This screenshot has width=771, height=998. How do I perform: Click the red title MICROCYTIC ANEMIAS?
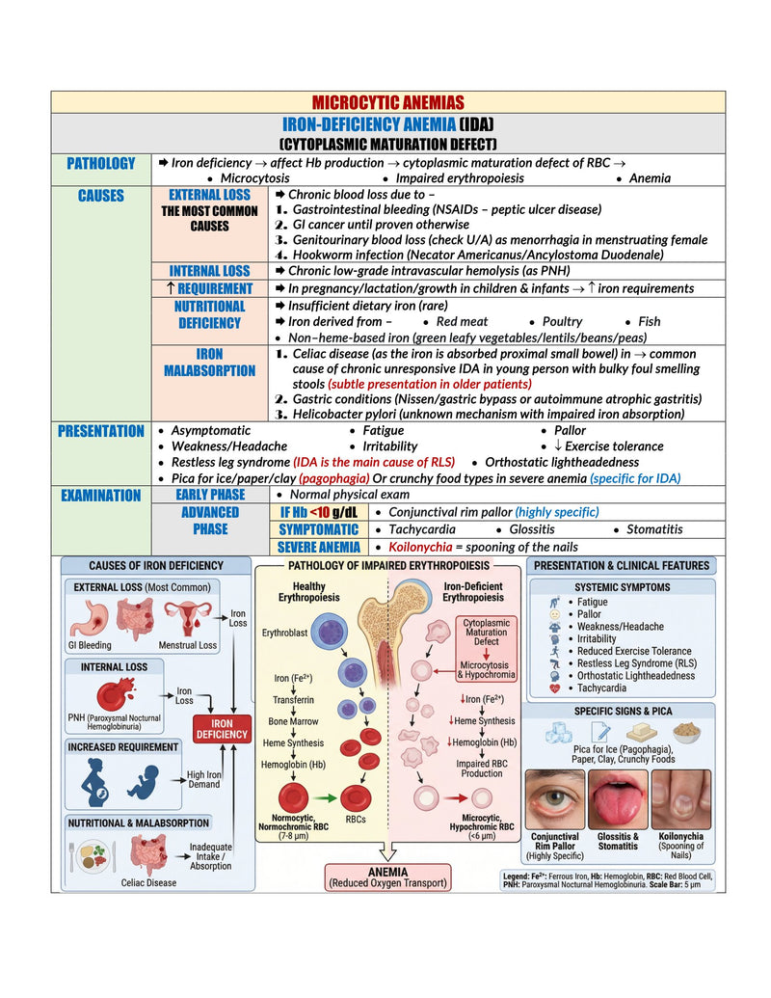pyautogui.click(x=387, y=102)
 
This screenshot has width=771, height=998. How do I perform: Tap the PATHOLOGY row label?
pyautogui.click(x=101, y=164)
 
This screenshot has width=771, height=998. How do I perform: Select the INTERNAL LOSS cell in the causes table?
pyautogui.click(x=209, y=271)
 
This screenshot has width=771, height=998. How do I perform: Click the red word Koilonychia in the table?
pyautogui.click(x=420, y=547)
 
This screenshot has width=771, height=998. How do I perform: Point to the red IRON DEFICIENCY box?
pyautogui.click(x=222, y=729)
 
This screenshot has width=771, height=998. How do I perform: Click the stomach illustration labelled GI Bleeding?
pyautogui.click(x=90, y=619)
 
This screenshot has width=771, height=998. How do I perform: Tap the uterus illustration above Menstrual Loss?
pyautogui.click(x=188, y=618)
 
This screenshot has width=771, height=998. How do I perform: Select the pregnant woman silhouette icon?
pyautogui.click(x=95, y=781)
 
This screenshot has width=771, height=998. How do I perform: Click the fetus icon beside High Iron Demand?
pyautogui.click(x=144, y=782)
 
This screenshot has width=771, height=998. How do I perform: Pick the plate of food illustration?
pyautogui.click(x=93, y=856)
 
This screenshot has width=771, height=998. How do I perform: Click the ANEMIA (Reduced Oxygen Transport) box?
pyautogui.click(x=387, y=877)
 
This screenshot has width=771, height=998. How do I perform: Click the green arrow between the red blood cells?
pyautogui.click(x=324, y=797)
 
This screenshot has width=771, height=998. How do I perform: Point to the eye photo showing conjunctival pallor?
pyautogui.click(x=555, y=799)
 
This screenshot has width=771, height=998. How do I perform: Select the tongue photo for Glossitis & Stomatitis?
pyautogui.click(x=618, y=799)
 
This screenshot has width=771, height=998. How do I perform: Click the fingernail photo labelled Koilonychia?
pyautogui.click(x=680, y=799)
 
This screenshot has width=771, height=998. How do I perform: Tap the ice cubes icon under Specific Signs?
pyautogui.click(x=559, y=733)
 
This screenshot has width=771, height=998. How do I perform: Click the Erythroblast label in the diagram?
pyautogui.click(x=284, y=633)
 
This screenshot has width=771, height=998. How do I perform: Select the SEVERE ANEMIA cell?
pyautogui.click(x=319, y=547)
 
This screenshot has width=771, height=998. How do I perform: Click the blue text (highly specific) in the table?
pyautogui.click(x=557, y=512)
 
